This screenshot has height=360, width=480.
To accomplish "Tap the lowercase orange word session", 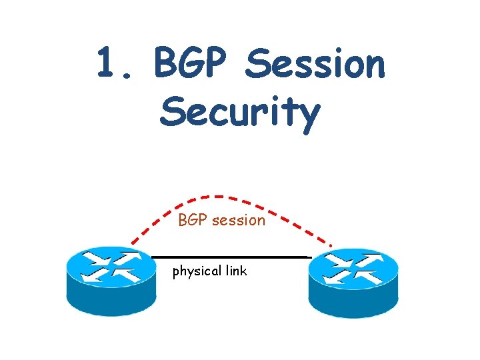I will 238,220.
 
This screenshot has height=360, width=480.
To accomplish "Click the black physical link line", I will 230,257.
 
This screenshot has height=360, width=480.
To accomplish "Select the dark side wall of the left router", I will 111,300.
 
